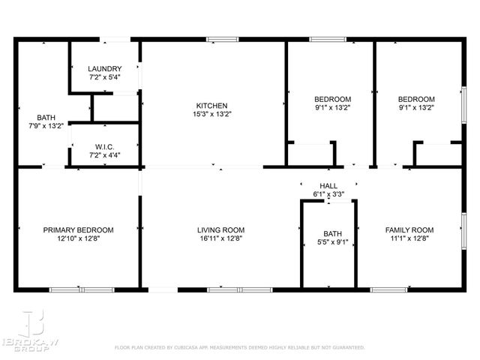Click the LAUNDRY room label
point(105,69)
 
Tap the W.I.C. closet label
point(103,146)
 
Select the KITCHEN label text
point(211,106)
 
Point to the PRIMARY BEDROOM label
point(78,229)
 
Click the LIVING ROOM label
point(220,229)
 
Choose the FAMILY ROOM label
point(409,229)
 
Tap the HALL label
point(328,185)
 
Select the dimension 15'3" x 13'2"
point(211,115)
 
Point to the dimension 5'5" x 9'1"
point(331,241)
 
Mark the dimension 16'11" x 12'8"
point(220,238)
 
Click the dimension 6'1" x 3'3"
point(328,194)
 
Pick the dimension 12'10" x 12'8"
point(78,238)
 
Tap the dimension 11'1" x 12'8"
point(409,238)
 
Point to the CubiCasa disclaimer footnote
point(239,348)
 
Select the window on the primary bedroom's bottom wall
point(81,289)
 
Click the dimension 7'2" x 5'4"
point(105,77)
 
